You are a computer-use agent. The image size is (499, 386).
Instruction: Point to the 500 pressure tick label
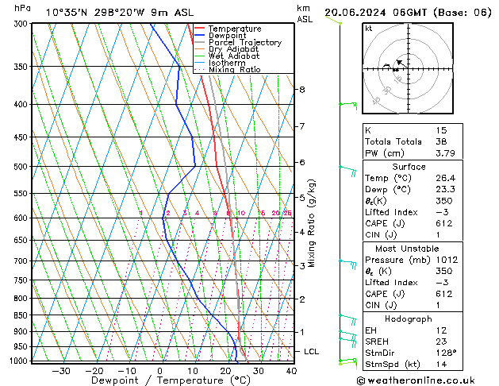tap(22, 167)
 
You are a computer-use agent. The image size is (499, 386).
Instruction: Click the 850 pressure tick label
tap(22, 315)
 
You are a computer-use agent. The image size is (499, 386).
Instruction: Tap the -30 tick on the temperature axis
tap(61, 370)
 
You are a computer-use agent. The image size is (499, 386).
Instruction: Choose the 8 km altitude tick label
tap(301, 90)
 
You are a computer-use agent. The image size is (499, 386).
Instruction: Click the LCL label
tap(312, 351)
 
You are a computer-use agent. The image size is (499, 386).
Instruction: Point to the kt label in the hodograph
tap(369, 29)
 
